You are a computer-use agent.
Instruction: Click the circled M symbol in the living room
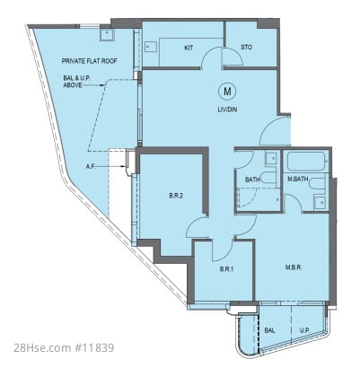(227, 92)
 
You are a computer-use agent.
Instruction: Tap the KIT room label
(189, 48)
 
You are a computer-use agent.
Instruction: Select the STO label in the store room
(246, 48)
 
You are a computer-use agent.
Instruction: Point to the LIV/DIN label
(227, 110)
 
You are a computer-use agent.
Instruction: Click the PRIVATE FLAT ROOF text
(89, 61)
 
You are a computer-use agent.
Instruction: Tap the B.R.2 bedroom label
(176, 196)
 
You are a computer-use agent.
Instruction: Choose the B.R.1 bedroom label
(226, 269)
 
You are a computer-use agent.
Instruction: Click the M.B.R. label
(294, 267)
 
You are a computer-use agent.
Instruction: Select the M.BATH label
(298, 180)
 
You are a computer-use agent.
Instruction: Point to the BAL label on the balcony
(269, 330)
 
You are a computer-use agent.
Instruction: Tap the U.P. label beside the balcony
(305, 330)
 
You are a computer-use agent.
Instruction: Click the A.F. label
(91, 167)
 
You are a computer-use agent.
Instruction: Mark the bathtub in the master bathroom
(306, 162)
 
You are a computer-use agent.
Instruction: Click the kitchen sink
(151, 47)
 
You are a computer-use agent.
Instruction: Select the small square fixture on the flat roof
(106, 35)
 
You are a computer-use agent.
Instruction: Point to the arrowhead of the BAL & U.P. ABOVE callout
(103, 85)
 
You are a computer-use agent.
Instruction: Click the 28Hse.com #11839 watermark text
(64, 348)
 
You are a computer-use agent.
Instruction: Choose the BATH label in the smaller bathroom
(252, 180)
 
